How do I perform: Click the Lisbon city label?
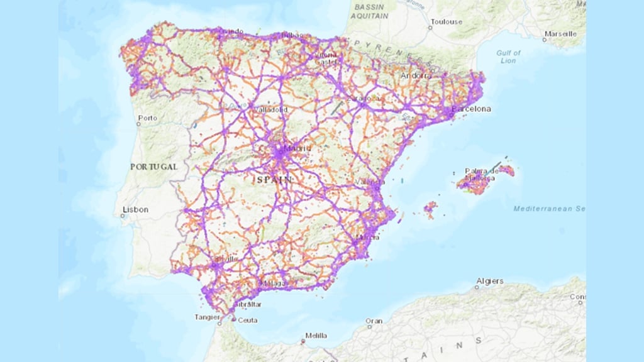136,209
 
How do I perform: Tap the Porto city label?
148,118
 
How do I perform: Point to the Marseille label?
560,33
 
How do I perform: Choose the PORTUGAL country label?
154,167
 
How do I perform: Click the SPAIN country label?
275,180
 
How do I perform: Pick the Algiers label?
490,281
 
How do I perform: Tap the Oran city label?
374,321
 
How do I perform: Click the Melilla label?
316,335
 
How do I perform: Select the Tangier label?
207,317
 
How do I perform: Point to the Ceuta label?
248,320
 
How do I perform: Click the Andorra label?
417,75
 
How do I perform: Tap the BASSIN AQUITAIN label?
373,10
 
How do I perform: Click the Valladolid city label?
270,109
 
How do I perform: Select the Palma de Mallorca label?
482,175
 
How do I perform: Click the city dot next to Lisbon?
123,216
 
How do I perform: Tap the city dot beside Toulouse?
431,28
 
